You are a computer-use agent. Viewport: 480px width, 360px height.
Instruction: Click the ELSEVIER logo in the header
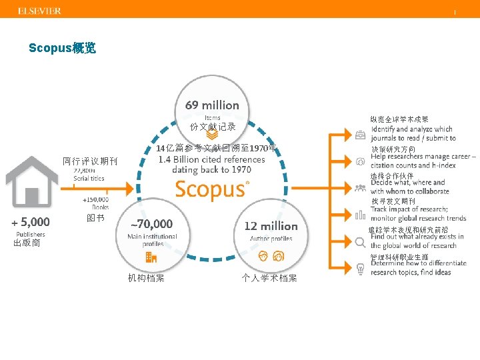[x=39, y=11]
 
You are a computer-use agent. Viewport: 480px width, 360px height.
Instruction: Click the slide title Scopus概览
[x=62, y=48]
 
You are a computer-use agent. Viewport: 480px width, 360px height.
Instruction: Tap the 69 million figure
[x=212, y=105]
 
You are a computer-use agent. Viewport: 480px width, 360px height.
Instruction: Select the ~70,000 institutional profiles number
[x=151, y=224]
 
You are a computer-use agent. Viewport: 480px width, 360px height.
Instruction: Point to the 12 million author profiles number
[x=271, y=226]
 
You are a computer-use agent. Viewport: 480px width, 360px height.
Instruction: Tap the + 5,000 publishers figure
[x=30, y=221]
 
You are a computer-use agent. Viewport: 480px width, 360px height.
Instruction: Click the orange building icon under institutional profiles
[x=151, y=257]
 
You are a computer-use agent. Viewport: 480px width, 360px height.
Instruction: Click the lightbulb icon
[x=360, y=268]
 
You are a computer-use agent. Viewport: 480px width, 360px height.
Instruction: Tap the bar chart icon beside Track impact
[x=360, y=214]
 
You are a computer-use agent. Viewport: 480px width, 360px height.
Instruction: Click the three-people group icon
[x=360, y=187]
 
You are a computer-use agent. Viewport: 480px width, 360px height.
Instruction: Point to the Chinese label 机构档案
[x=146, y=278]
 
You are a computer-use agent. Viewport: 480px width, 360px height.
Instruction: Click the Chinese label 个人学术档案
[x=269, y=278]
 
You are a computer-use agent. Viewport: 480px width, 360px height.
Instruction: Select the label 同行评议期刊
[x=89, y=161]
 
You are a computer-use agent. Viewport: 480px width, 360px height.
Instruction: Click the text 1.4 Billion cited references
[x=211, y=160]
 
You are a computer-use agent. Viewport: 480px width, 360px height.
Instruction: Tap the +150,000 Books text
[x=95, y=203]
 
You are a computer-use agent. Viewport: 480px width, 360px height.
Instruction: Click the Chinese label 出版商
[x=27, y=243]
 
